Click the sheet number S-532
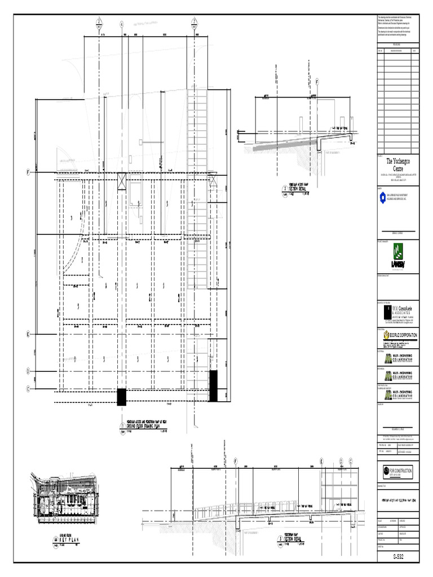coord(398,557)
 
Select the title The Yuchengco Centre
coord(398,165)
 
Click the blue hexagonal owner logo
coord(382,196)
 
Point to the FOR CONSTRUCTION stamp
coord(398,472)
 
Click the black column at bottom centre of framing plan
coord(121,397)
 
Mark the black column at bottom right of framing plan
coord(213,385)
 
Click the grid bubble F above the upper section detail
coord(317,82)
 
